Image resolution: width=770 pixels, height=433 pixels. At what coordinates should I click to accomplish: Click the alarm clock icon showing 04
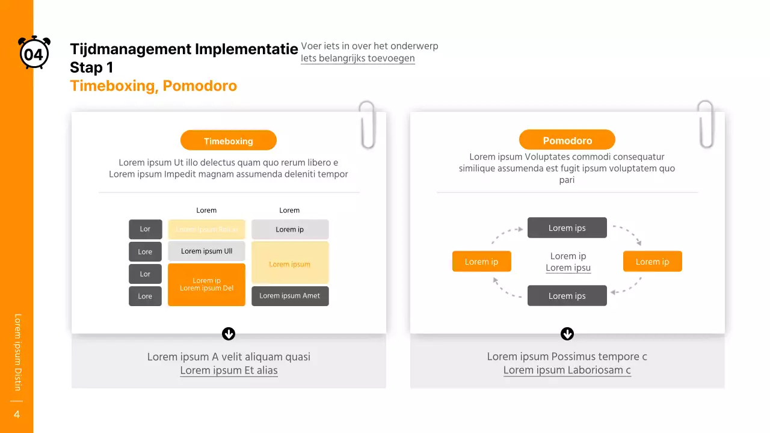click(x=34, y=54)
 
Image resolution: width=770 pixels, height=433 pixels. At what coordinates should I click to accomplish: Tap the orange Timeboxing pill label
click(x=229, y=141)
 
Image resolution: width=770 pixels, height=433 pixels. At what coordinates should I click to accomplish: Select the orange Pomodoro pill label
click(x=567, y=140)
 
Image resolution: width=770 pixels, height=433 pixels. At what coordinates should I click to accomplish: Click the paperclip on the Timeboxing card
click(x=367, y=124)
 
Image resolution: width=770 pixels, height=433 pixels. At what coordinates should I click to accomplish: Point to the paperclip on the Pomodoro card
click(x=705, y=124)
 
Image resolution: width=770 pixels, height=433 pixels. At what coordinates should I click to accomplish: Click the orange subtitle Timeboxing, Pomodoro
click(x=153, y=86)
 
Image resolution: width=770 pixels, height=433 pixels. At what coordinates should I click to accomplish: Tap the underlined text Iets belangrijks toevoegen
click(x=358, y=58)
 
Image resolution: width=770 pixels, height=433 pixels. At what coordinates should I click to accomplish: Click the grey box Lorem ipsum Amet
click(x=290, y=296)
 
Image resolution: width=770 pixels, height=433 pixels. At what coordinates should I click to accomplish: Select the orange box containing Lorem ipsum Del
click(x=206, y=284)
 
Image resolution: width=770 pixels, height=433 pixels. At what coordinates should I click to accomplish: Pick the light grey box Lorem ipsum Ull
click(x=206, y=251)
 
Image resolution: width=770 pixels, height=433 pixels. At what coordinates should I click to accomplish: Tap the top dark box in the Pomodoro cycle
click(x=567, y=228)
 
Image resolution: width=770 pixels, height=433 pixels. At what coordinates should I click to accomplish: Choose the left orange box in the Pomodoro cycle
click(x=482, y=262)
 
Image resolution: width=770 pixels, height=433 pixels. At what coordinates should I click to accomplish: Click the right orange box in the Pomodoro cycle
click(x=653, y=262)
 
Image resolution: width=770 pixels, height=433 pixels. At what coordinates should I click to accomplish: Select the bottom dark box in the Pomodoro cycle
click(x=567, y=296)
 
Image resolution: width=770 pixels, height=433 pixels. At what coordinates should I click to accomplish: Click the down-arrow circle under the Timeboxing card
click(x=229, y=334)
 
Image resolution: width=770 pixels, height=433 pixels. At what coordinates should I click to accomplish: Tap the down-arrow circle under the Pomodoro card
click(x=567, y=334)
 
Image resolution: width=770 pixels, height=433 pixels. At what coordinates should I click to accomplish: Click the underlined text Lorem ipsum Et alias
click(x=229, y=370)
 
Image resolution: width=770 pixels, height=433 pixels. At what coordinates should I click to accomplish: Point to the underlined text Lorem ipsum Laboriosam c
click(x=567, y=370)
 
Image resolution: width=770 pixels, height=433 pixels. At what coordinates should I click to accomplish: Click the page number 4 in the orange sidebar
click(x=16, y=414)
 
